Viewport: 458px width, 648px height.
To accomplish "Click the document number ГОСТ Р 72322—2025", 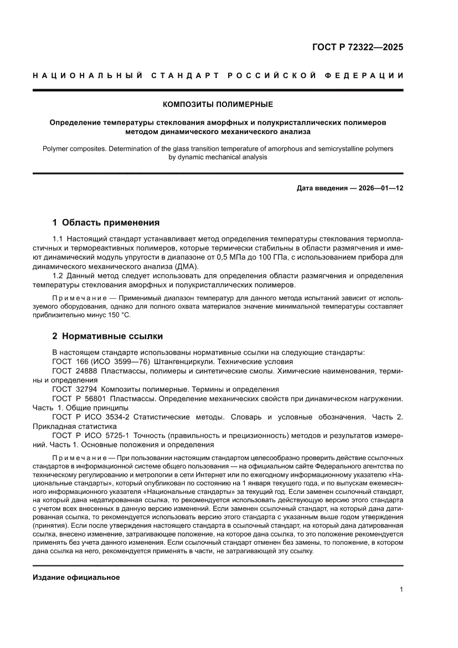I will (358, 47).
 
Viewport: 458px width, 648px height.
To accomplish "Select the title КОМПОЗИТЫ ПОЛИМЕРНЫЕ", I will (218, 104).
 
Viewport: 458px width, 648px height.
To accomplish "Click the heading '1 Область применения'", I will (106, 223).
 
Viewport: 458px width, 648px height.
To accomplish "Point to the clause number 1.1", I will (58, 238).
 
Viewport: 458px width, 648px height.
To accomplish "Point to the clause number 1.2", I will (58, 276).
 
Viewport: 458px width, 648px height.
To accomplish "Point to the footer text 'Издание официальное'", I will (76, 578).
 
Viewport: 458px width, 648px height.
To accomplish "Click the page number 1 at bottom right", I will (400, 590).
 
